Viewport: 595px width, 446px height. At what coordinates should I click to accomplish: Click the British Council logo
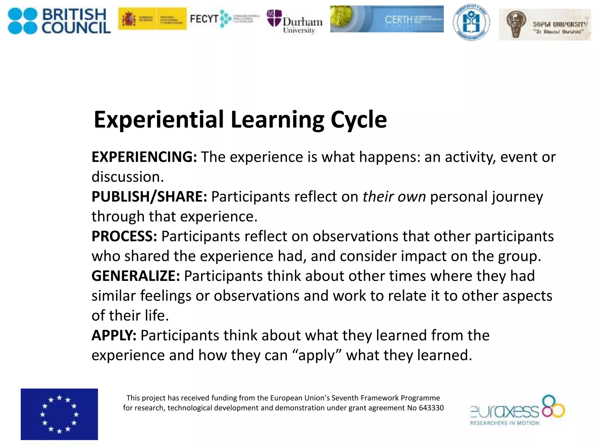pos(59,21)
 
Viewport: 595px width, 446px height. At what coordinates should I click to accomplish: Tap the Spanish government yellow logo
pos(152,19)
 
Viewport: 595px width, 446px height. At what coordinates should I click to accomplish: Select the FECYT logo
pos(224,19)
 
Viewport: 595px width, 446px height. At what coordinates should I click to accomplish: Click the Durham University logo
pos(294,22)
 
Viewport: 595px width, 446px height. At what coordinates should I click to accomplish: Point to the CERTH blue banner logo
pos(387,19)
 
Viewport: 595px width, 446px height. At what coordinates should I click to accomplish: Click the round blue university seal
pos(471,22)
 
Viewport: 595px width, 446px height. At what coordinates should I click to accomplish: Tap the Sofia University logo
pos(545,25)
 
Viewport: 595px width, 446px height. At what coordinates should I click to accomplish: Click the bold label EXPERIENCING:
pos(144,157)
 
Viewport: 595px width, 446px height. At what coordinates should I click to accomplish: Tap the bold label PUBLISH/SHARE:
pos(149,197)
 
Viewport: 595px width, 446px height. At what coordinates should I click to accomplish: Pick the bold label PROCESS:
pos(124,236)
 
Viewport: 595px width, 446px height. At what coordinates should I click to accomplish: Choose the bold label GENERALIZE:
pos(136,276)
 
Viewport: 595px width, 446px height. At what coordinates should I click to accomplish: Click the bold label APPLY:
pos(114,335)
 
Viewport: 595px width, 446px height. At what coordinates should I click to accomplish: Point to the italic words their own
pos(394,197)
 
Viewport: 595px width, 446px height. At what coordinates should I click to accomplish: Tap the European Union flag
pos(59,414)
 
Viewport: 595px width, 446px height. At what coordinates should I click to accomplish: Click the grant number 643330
pos(431,408)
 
